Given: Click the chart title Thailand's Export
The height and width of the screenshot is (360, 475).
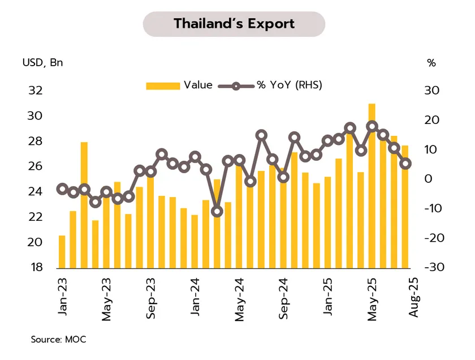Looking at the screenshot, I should point(234,24).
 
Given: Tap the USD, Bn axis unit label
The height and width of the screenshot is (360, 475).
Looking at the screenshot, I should point(43,63).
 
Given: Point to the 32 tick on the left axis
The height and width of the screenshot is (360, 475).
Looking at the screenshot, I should point(36,91).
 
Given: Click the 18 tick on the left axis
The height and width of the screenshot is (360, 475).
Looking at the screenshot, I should point(36,267).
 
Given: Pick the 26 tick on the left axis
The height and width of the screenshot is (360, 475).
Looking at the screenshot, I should point(36,166).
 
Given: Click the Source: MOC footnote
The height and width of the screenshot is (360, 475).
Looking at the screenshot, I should point(58,340).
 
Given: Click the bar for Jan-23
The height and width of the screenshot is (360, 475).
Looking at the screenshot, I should point(62,251).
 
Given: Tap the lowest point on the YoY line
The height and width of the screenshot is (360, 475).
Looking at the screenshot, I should point(217,212).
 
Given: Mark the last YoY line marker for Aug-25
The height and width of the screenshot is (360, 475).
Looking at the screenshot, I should point(405,164).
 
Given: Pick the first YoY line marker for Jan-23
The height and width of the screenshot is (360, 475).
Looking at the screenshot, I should point(62,189).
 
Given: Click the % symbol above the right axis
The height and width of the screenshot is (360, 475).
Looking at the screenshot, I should point(431,63).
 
